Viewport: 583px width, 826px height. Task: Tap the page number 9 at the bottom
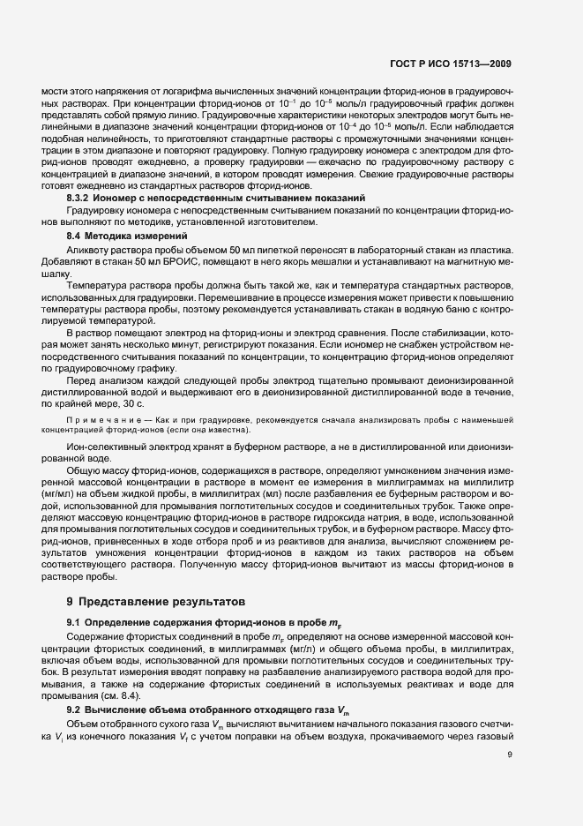pyautogui.click(x=509, y=754)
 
